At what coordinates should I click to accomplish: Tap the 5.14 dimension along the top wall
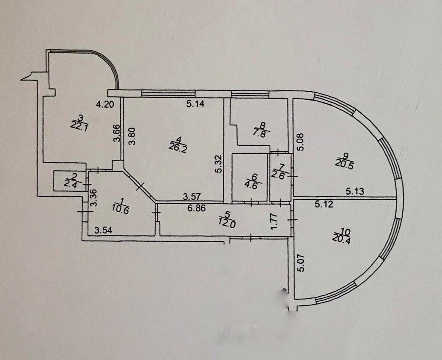coord(195,105)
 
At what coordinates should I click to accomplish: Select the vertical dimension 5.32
coord(217,164)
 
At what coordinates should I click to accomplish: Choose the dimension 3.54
coord(103,230)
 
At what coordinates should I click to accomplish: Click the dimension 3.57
coord(191,196)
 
